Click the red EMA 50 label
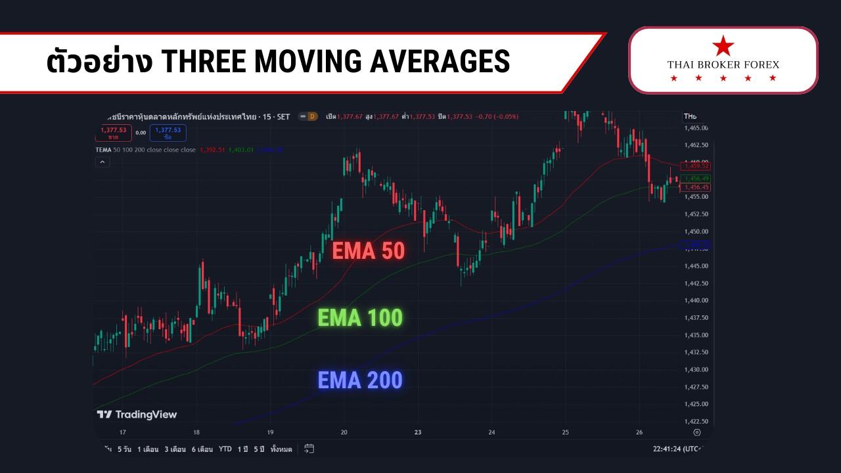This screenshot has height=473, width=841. (x=368, y=250)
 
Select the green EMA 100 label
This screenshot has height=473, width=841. (x=360, y=318)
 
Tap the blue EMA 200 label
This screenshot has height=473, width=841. (x=360, y=380)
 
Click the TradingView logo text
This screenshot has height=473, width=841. (x=137, y=415)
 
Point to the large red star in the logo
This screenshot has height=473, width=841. (x=723, y=47)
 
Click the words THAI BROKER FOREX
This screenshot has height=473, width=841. (x=723, y=64)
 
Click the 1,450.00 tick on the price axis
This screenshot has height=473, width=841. (x=696, y=231)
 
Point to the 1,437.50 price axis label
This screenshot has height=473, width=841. (x=696, y=318)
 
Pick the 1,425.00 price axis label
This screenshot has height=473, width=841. (x=696, y=404)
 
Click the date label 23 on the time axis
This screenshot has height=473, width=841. (x=418, y=433)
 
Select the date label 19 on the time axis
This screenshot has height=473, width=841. (x=270, y=433)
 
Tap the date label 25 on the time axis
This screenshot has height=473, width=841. (x=565, y=433)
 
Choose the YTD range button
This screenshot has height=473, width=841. (x=225, y=449)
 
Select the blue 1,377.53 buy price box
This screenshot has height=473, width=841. (x=168, y=133)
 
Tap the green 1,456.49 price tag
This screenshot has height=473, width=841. (x=696, y=179)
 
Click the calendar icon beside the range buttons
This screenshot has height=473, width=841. (x=309, y=449)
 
